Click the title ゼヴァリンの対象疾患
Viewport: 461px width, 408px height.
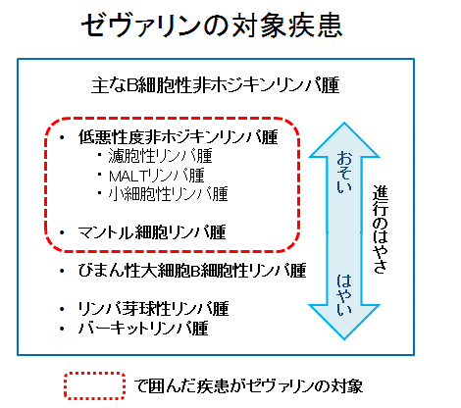[212, 25]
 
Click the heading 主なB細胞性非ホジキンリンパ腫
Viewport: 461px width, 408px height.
[216, 85]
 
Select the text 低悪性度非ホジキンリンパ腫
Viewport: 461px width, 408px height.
[179, 136]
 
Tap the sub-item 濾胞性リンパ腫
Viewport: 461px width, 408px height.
[160, 156]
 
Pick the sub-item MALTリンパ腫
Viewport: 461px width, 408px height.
[157, 176]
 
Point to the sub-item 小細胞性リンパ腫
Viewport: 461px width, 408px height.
[168, 194]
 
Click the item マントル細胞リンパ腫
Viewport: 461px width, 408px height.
[152, 232]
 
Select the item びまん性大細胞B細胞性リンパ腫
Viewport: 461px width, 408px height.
[192, 271]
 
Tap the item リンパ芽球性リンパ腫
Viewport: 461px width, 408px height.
[153, 309]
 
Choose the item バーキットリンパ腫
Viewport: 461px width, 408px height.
[143, 328]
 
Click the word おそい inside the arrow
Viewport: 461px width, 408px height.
[344, 172]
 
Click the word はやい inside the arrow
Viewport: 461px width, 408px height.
[344, 295]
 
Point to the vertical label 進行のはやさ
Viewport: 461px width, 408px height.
[380, 229]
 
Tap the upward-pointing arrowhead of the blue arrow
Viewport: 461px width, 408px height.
[344, 140]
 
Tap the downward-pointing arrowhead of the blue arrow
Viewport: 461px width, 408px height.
[344, 322]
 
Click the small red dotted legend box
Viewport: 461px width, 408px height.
[94, 385]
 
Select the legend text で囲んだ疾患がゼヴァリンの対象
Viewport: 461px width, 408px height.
[248, 386]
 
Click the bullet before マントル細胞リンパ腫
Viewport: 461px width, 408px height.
[62, 232]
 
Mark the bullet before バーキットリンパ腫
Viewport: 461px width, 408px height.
[62, 329]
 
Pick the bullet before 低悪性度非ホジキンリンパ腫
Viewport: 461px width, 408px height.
[62, 137]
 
